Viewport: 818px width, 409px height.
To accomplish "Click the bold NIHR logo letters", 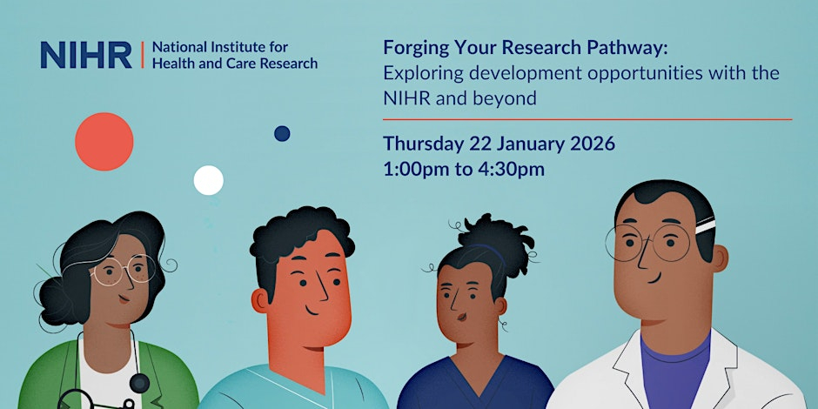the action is tap(86, 55).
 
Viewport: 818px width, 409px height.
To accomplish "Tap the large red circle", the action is tap(104, 141).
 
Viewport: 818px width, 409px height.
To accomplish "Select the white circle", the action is tap(209, 180).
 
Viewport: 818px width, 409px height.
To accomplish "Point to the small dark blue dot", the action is tap(282, 133).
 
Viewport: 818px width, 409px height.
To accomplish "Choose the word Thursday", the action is tap(424, 144).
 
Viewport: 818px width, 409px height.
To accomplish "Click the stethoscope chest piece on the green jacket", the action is tap(139, 384).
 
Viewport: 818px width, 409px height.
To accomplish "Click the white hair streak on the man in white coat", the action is tap(706, 226).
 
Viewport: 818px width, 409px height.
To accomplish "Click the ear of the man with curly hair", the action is tap(260, 302).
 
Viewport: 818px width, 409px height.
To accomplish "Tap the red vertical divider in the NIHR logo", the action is tap(143, 56).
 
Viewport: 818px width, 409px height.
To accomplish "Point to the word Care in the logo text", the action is tap(237, 64).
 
